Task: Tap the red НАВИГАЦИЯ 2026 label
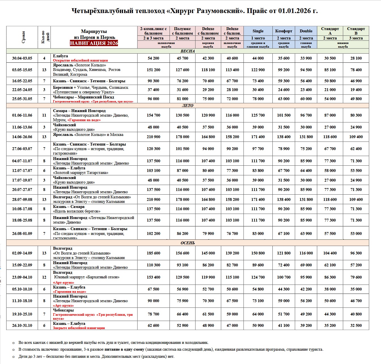(94, 43)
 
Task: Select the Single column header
(258, 31)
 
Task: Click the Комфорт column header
(283, 31)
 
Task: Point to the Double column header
(306, 31)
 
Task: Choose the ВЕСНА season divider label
(188, 51)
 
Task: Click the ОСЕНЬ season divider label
(188, 243)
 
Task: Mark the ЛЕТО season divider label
(188, 106)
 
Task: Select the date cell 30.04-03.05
(22, 58)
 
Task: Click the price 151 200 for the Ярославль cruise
(153, 70)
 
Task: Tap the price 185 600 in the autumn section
(153, 253)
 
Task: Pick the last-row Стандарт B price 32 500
(356, 325)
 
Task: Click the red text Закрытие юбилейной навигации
(79, 328)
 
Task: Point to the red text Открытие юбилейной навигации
(81, 60)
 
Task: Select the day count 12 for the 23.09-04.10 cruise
(44, 277)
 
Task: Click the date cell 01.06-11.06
(22, 115)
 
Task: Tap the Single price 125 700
(258, 115)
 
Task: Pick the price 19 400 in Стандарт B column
(356, 90)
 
